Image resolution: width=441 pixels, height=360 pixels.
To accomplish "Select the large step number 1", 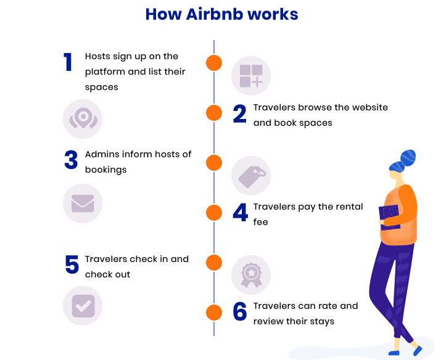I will pyautogui.click(x=68, y=63).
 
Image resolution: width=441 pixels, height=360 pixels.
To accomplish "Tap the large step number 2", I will pyautogui.click(x=239, y=115).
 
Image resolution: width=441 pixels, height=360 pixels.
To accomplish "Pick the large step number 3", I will pyautogui.click(x=71, y=161).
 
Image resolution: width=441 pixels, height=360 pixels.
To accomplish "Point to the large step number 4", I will pyautogui.click(x=240, y=213).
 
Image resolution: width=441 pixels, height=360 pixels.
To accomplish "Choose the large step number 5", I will pyautogui.click(x=72, y=266).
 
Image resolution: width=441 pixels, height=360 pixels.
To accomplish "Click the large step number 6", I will pyautogui.click(x=240, y=312).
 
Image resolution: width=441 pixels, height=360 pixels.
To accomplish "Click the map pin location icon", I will pyautogui.click(x=83, y=118).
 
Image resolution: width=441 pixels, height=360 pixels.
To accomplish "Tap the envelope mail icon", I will pyautogui.click(x=83, y=203).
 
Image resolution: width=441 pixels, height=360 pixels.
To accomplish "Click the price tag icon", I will pyautogui.click(x=251, y=176).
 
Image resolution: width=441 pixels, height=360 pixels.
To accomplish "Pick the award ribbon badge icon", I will pyautogui.click(x=251, y=275).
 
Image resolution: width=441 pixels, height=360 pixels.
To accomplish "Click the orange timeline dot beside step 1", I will pyautogui.click(x=213, y=63).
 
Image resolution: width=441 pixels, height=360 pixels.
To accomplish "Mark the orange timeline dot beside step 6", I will pyautogui.click(x=213, y=312).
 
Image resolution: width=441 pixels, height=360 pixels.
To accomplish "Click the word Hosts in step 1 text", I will pyautogui.click(x=97, y=56).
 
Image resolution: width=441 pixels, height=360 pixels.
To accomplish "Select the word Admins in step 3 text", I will pyautogui.click(x=101, y=154).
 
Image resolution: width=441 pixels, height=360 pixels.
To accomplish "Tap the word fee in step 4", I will pyautogui.click(x=260, y=222).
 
